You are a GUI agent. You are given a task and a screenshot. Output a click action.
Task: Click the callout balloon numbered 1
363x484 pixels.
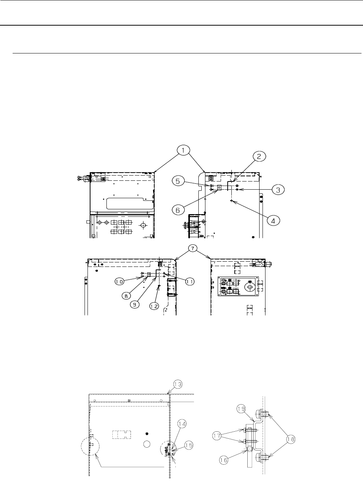183,151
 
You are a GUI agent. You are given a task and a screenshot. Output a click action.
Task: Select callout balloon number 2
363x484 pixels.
259,156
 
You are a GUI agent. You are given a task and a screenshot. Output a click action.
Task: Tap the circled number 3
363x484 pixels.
278,190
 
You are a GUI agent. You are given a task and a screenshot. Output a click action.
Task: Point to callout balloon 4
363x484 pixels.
273,221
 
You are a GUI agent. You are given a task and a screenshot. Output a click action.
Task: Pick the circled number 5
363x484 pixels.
178,181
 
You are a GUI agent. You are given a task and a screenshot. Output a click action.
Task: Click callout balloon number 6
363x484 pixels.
178,210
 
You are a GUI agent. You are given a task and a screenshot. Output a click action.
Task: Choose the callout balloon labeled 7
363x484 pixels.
193,249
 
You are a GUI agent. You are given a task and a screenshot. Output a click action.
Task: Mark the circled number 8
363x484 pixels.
126,296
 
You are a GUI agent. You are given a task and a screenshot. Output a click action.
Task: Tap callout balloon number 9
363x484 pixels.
135,304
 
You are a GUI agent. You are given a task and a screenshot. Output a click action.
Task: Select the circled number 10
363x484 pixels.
120,281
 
